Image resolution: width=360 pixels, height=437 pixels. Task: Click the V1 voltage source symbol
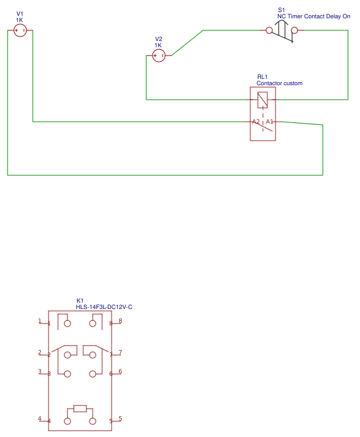tap(20, 30)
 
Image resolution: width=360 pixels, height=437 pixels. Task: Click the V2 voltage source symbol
tap(159, 56)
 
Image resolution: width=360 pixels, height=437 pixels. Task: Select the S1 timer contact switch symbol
tap(282, 30)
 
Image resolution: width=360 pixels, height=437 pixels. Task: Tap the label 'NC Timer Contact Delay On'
tap(313, 16)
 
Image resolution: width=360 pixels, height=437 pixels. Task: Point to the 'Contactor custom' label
tap(279, 83)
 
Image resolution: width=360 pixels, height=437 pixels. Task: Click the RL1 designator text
tap(262, 77)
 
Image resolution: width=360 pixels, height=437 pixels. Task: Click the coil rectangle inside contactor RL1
tap(263, 99)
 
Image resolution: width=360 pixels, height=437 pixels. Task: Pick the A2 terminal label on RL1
tap(255, 121)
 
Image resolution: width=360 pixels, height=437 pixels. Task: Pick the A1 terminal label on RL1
tap(269, 121)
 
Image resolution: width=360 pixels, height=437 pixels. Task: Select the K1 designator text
tap(80, 301)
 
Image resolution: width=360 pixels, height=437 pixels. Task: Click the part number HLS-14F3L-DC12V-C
tap(104, 307)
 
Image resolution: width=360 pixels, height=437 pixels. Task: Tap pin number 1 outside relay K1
tap(39, 321)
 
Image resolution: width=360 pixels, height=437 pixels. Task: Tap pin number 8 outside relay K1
tap(120, 321)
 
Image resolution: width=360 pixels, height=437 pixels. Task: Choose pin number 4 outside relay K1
tap(39, 419)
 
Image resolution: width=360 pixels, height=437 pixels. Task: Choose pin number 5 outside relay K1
tap(120, 419)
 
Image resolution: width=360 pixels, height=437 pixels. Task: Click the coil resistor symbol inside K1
tap(80, 409)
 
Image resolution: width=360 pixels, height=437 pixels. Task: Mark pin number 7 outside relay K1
tap(120, 353)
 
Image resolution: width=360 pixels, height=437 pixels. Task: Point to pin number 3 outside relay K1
tap(39, 371)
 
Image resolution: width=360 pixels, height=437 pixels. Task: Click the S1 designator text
tap(281, 10)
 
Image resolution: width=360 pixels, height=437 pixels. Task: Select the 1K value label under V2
tap(158, 45)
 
